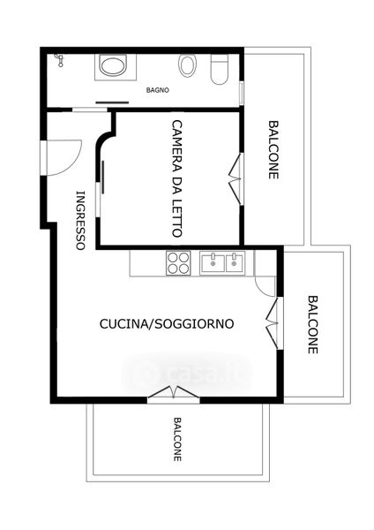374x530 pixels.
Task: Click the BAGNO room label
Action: point(158,90)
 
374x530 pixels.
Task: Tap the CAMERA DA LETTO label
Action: point(177,178)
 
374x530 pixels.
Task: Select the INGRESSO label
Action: point(80,220)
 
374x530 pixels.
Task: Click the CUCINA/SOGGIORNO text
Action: point(167,324)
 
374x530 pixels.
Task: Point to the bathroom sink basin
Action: point(114,67)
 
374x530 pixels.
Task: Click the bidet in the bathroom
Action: point(187,65)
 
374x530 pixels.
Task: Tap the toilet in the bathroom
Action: point(220,69)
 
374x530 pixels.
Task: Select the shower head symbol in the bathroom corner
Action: point(59,60)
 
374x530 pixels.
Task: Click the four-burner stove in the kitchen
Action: point(178,263)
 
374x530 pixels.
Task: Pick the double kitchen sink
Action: point(222,263)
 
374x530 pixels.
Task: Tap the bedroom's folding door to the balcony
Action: point(236,178)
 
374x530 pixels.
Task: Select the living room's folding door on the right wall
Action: point(273,323)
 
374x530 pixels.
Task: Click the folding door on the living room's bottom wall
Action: point(174,393)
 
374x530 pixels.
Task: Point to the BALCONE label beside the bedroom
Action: point(273,150)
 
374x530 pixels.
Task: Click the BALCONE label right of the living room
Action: point(313,324)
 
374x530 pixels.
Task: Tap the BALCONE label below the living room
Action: point(177,439)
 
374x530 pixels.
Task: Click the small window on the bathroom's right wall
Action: point(242,94)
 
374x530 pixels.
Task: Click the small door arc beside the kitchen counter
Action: point(266,287)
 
